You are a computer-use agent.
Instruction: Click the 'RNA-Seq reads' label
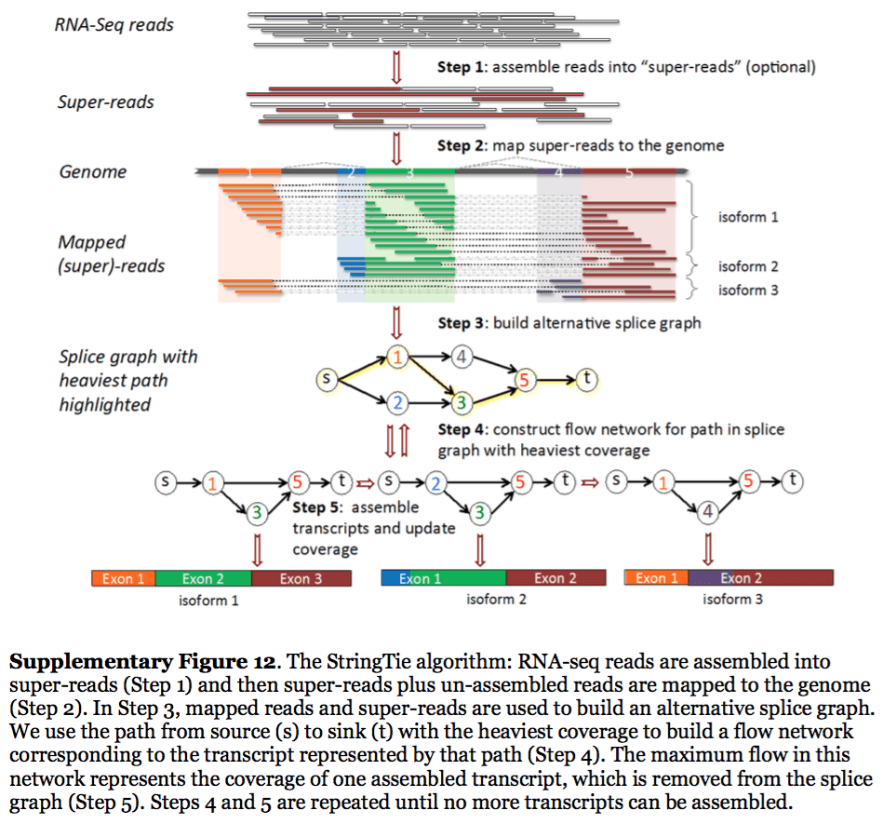pyautogui.click(x=114, y=25)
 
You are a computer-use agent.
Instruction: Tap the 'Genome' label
pyautogui.click(x=93, y=172)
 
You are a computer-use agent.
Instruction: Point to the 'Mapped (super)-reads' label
pyautogui.click(x=111, y=254)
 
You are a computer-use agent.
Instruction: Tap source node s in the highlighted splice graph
pyautogui.click(x=326, y=379)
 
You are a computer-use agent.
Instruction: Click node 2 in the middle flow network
pyautogui.click(x=434, y=482)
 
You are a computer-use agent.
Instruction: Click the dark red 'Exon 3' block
pyautogui.click(x=301, y=578)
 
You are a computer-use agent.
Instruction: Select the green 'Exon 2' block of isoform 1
pyautogui.click(x=204, y=578)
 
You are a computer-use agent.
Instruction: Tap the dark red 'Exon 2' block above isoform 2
pyautogui.click(x=555, y=578)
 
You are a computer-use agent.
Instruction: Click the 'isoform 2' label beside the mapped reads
pyautogui.click(x=748, y=267)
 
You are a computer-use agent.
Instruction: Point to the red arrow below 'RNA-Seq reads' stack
pyautogui.click(x=397, y=67)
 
